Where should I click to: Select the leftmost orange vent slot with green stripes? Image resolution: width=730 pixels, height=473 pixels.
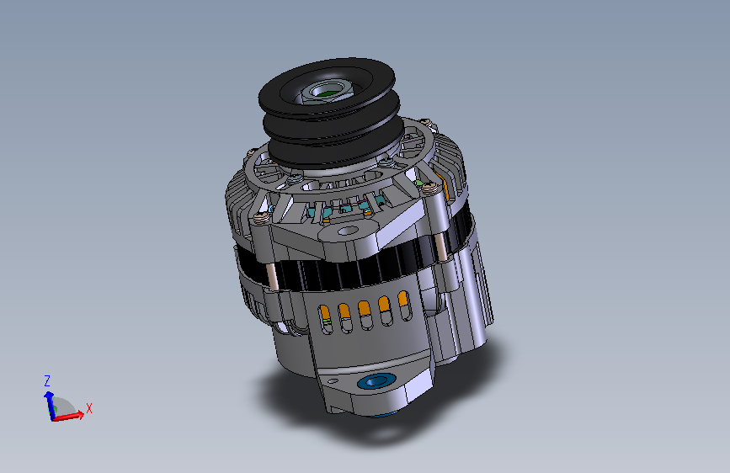point(326,319)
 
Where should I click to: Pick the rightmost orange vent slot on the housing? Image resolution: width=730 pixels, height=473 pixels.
point(404,306)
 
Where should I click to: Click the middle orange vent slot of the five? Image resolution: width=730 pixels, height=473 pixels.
point(365,315)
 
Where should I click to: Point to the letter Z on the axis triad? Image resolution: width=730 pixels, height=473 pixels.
point(46,381)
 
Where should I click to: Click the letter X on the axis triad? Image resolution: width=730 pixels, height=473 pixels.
point(89,408)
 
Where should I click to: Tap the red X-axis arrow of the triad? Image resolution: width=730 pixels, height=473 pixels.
point(68,417)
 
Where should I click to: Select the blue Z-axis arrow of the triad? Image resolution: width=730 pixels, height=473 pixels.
point(49,405)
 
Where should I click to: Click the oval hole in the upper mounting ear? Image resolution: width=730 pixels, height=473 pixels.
point(347,231)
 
